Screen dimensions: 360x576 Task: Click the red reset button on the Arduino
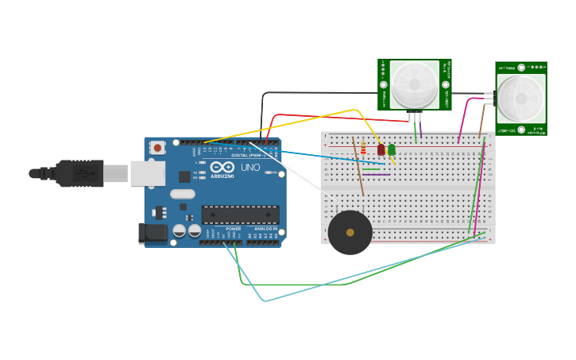point(157,147)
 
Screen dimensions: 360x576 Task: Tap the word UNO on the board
point(250,168)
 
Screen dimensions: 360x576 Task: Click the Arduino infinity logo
point(222,168)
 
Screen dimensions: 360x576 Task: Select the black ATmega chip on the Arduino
point(240,214)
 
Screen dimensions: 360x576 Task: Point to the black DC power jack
point(152,233)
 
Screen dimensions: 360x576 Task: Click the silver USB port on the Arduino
point(148,173)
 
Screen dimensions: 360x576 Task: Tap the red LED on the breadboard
point(381,149)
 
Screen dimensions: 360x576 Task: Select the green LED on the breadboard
point(392,149)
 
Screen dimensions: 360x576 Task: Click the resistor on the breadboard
point(363,149)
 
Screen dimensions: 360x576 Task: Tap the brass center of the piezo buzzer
point(350,233)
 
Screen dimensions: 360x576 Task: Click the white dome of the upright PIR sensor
point(414,84)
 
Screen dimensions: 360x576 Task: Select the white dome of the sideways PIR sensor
point(521,99)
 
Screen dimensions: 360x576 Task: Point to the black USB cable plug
point(79,173)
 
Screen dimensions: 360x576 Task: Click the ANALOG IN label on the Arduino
point(265,229)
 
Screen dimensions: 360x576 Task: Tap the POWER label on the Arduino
point(233,229)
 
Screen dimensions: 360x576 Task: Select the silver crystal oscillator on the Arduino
point(182,194)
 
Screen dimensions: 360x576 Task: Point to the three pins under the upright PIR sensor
point(415,117)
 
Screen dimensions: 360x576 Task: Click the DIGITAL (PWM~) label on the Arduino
point(248,155)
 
